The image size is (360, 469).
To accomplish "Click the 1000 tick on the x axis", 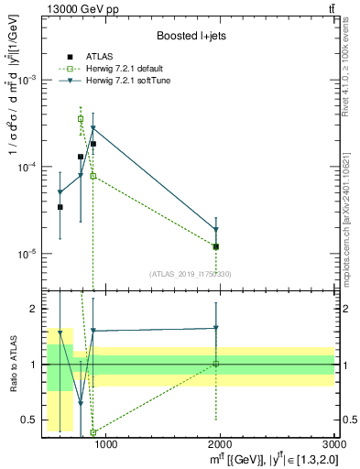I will point(105,445).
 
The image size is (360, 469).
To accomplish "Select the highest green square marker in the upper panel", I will point(81,118).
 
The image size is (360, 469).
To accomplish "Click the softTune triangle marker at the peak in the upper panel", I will point(93,128).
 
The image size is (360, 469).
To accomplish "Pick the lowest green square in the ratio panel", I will point(93,432).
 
